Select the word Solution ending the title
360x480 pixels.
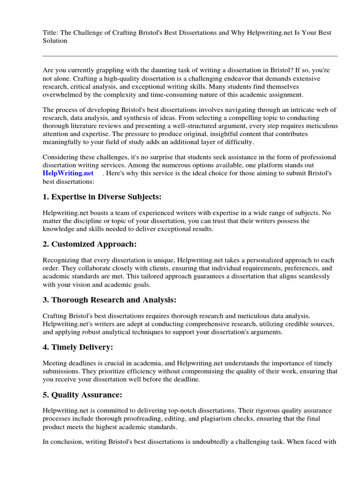pyautogui.click(x=55, y=41)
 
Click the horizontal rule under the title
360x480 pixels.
pyautogui.click(x=190, y=56)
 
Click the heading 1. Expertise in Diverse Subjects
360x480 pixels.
pyautogui.click(x=102, y=196)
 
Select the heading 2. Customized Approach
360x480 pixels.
pyautogui.click(x=90, y=244)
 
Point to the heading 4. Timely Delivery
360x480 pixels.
pyautogui.click(x=78, y=347)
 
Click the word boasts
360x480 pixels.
pyautogui.click(x=100, y=213)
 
